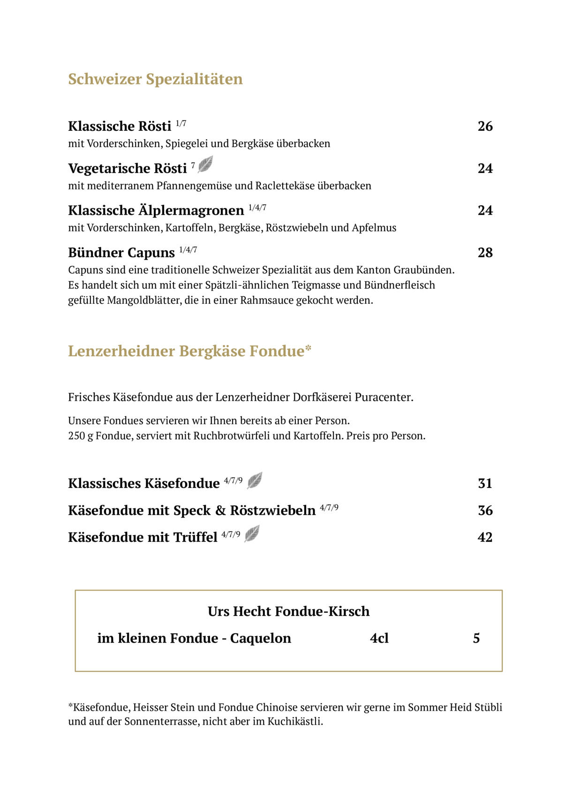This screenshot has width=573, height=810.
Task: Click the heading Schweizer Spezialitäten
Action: (x=155, y=79)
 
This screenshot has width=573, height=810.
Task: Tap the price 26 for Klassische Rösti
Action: (x=485, y=127)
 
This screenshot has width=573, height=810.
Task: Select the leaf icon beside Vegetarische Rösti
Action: (x=205, y=165)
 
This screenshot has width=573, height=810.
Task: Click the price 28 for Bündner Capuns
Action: (x=485, y=253)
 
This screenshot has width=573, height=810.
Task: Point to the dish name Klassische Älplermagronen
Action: (x=156, y=211)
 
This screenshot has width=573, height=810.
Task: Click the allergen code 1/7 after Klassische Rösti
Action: (x=181, y=124)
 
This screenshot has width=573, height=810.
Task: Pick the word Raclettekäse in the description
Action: (x=285, y=186)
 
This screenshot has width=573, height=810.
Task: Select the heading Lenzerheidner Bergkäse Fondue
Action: (x=189, y=352)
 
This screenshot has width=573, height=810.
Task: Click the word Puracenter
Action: (x=384, y=397)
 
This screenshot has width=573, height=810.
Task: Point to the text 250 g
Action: (x=81, y=436)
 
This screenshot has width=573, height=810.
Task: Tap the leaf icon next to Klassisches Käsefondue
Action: (x=255, y=480)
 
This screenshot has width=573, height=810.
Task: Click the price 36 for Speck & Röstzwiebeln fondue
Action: (x=485, y=510)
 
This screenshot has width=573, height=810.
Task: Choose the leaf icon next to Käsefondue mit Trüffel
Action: (x=252, y=534)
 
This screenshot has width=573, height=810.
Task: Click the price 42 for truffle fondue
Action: (x=485, y=537)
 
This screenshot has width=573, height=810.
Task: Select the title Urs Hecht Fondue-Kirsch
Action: (x=288, y=612)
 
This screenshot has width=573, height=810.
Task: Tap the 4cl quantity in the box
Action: (x=379, y=638)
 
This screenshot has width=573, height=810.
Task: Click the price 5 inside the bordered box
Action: (x=476, y=638)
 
